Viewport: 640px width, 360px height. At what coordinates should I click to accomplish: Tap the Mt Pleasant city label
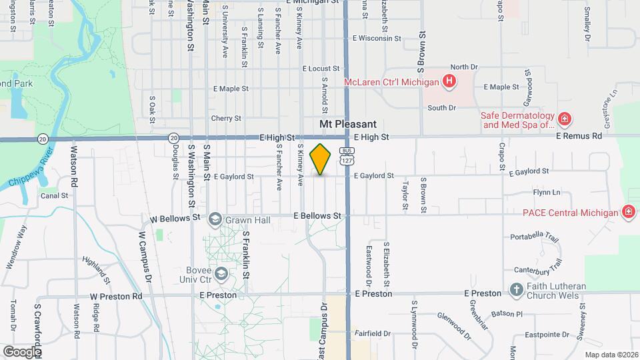point(348,124)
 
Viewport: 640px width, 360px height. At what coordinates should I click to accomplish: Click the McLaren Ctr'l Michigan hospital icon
point(449,82)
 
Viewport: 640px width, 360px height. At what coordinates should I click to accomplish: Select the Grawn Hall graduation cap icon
point(215,219)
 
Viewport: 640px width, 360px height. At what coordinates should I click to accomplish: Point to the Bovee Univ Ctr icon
point(221,274)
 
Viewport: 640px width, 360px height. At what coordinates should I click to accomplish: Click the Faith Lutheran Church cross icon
point(516,290)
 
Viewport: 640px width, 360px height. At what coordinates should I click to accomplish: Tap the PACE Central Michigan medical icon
point(628,213)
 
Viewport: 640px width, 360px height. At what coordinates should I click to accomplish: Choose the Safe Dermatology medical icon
point(564,119)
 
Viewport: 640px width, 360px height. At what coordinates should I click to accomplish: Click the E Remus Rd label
point(579,136)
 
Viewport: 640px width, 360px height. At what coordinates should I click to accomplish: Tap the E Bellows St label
point(319,216)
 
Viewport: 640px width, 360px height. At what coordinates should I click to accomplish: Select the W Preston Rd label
point(117,296)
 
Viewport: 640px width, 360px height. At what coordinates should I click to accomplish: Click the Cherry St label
point(226,118)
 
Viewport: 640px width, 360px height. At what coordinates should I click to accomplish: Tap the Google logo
point(21,351)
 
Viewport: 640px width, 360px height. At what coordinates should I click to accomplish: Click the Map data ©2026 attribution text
point(611,355)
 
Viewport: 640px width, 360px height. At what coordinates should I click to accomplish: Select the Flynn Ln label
point(547,193)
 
